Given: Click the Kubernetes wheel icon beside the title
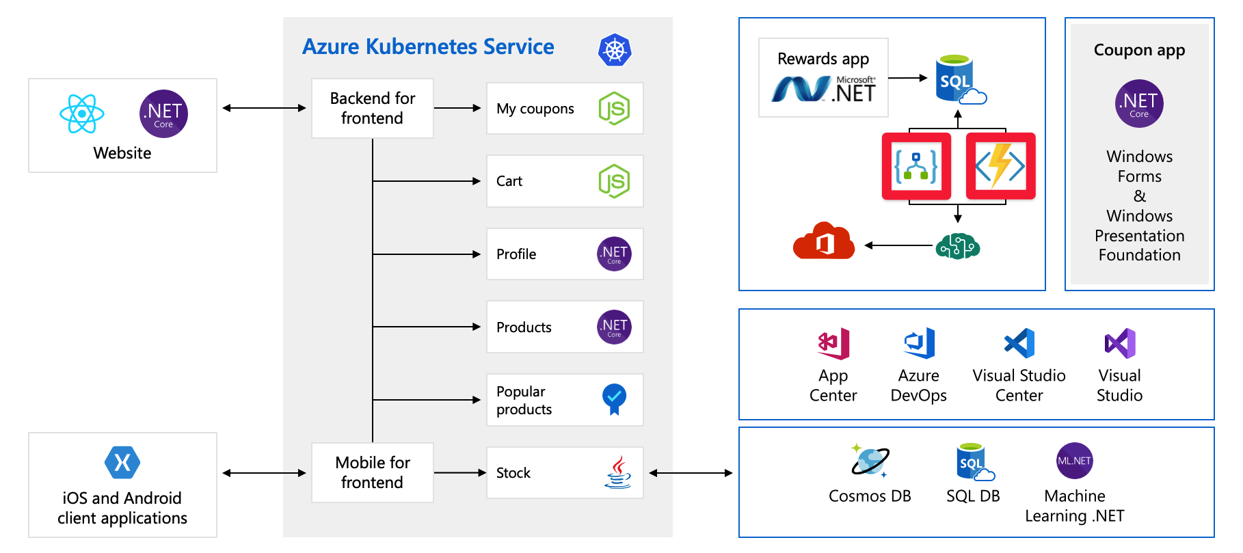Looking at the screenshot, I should point(615,50).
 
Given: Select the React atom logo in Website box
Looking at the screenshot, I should point(81,113).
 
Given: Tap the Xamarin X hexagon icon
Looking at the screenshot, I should point(122,463).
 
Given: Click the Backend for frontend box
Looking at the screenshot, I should point(372,108).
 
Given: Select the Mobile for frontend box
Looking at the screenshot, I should point(372,472).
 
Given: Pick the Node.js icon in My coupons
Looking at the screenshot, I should point(614,108).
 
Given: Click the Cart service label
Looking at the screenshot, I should point(509,181).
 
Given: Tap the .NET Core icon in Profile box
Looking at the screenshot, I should point(614,254).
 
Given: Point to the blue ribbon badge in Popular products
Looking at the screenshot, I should point(614,399).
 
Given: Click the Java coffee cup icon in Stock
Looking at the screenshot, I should point(617,472).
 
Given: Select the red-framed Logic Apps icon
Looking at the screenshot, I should point(916,166).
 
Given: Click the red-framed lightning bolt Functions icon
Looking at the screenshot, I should point(1000,166).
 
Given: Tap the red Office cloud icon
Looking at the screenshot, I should point(824,241).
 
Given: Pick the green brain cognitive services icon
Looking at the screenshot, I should point(957,245).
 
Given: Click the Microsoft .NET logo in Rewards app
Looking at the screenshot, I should point(823,89).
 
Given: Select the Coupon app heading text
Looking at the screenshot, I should point(1139,50).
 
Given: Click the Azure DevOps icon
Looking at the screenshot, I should point(919,343).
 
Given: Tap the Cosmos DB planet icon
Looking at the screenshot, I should point(870,461).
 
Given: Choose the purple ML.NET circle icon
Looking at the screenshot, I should point(1074,461).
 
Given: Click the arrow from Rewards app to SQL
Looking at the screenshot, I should point(907,78).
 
